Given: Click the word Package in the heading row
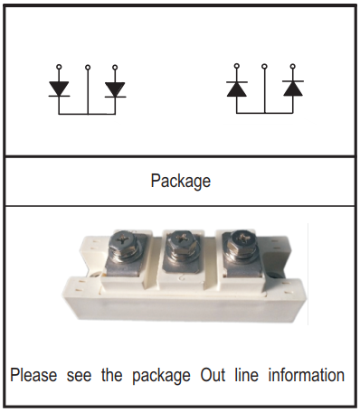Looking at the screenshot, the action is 180,181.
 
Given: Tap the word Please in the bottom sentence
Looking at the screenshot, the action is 33,375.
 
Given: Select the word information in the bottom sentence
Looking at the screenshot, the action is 307,375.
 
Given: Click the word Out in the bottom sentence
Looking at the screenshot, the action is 213,375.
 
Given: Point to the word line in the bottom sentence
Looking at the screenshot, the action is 246,375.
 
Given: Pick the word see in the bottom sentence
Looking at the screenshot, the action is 79,376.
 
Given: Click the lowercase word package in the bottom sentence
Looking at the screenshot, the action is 161,376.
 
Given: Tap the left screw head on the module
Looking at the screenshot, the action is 125,241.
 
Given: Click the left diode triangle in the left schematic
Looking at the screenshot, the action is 59,89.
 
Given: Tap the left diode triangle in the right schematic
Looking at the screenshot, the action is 237,89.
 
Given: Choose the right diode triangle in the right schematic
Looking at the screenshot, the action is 293,89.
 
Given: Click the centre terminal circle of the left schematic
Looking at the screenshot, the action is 88,67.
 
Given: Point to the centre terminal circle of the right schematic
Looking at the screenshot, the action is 264,66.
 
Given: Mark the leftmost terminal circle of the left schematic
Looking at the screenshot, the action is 59,67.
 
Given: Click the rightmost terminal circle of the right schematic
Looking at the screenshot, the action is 292,66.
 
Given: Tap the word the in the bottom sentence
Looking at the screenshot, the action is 111,375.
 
